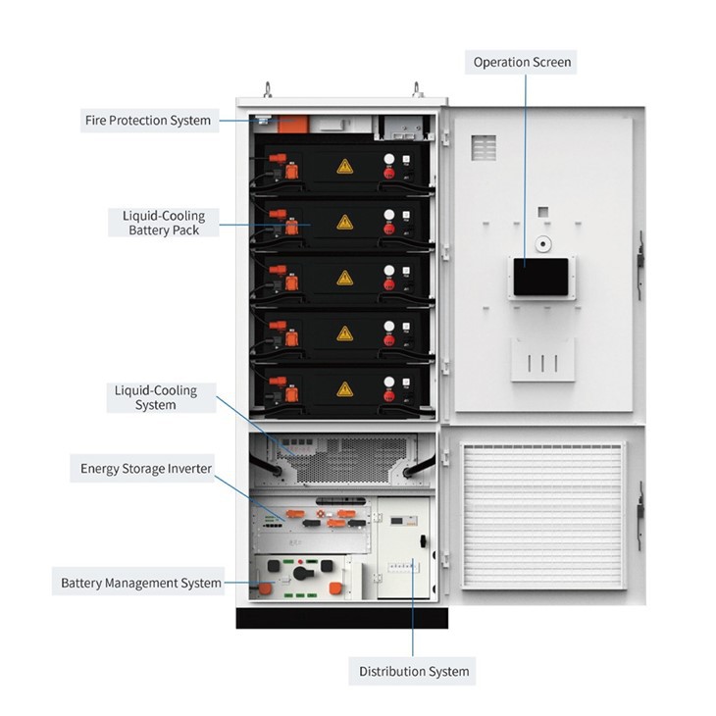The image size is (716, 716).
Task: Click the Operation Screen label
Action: tap(522, 62)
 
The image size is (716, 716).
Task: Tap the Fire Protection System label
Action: tap(148, 121)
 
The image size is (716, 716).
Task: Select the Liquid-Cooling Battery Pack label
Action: tap(164, 223)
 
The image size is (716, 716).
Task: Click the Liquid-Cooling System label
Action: tap(156, 398)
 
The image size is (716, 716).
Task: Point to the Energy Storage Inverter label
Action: tap(146, 469)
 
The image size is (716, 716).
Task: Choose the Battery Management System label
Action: tap(140, 584)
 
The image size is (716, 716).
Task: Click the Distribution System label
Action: tap(414, 671)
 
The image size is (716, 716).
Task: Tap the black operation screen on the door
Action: tap(540, 277)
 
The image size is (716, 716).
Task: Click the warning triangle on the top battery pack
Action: tap(344, 167)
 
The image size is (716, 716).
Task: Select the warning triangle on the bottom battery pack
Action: tap(344, 389)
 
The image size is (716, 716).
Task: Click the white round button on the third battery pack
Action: tap(389, 271)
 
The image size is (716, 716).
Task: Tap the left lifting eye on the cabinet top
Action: tap(268, 89)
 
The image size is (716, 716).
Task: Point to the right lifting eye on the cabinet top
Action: tap(417, 89)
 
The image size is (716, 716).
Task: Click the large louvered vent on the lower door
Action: tap(543, 515)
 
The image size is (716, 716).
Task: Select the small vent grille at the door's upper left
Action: tap(484, 147)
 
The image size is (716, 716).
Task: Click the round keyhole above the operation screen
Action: tap(542, 244)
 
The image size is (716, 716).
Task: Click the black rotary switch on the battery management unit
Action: tap(302, 573)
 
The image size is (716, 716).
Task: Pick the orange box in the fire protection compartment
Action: tap(293, 125)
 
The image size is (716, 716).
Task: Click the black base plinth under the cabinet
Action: tap(341, 618)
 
